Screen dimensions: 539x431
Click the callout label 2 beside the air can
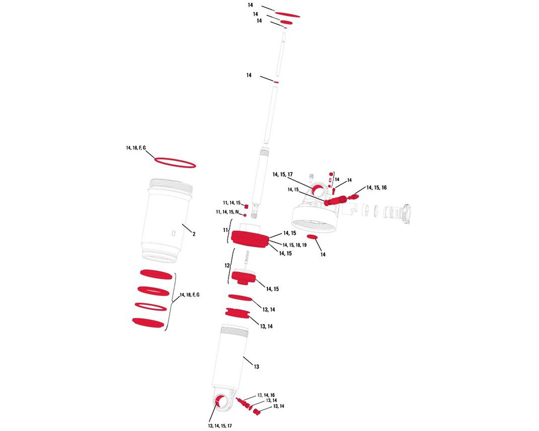194,234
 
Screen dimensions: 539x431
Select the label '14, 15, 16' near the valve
376,188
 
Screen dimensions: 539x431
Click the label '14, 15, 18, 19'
295,245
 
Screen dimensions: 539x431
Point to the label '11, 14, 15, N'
227,212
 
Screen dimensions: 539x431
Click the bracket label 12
227,266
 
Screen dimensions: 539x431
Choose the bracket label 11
225,230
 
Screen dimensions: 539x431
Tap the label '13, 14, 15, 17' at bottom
220,426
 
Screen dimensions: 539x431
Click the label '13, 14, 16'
266,395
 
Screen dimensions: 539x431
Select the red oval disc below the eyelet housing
312,237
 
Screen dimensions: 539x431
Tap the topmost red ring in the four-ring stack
156,274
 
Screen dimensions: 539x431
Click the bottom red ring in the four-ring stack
148,323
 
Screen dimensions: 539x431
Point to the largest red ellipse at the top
287,14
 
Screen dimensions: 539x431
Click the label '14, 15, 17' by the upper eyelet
282,175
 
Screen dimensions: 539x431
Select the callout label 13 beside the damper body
256,367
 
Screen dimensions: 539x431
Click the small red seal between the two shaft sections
276,82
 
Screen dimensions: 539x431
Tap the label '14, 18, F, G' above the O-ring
136,148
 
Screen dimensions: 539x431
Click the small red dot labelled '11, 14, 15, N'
245,215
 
